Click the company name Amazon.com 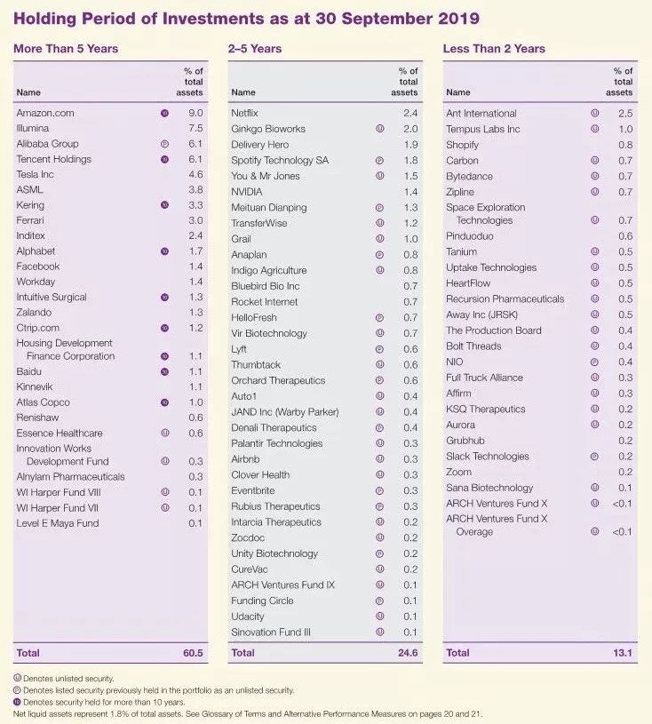pyautogui.click(x=45, y=113)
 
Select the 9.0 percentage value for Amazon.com pyautogui.click(x=195, y=113)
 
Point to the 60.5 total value pyautogui.click(x=193, y=653)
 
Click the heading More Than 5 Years pyautogui.click(x=65, y=49)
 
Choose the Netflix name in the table pyautogui.click(x=244, y=113)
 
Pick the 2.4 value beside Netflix pyautogui.click(x=409, y=113)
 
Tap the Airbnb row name pyautogui.click(x=246, y=459)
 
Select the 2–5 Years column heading pyautogui.click(x=256, y=49)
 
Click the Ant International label pyautogui.click(x=481, y=113)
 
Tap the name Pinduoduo pyautogui.click(x=470, y=236)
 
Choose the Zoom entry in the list pyautogui.click(x=458, y=472)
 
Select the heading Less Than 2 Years pyautogui.click(x=494, y=49)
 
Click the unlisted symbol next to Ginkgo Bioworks pyautogui.click(x=379, y=129)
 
